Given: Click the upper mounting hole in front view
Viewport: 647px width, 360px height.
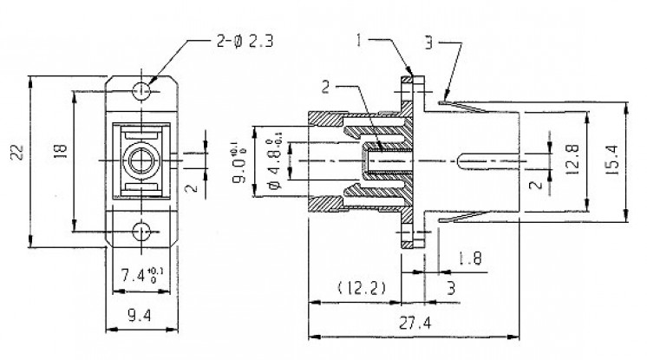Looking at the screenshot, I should pyautogui.click(x=141, y=89).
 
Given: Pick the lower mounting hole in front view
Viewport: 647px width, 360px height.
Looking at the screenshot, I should pyautogui.click(x=141, y=231).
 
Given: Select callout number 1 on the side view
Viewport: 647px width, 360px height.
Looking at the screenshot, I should pyautogui.click(x=357, y=39).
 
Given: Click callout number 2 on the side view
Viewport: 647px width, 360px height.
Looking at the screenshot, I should pyautogui.click(x=326, y=86).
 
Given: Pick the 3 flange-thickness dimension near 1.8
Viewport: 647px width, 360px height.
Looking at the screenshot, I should pyautogui.click(x=452, y=287).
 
